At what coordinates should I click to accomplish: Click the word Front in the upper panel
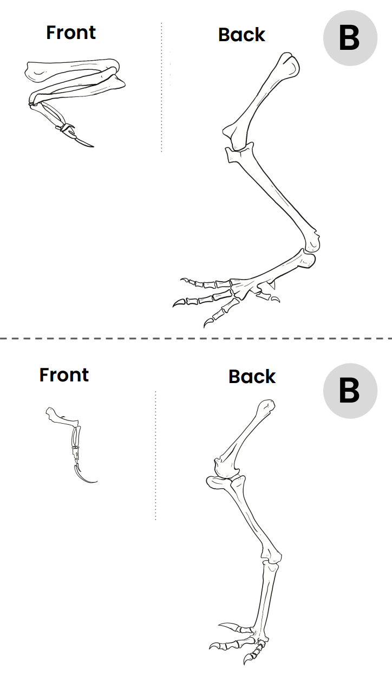70,33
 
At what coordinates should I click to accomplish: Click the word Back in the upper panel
241,35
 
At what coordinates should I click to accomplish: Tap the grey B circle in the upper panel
350,38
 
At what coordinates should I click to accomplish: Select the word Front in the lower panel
64,375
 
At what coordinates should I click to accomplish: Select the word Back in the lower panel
252,377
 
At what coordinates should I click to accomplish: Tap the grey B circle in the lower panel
350,391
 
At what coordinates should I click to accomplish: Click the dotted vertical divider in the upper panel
161,87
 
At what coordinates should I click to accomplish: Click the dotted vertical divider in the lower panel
155,455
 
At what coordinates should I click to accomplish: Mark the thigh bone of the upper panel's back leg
261,95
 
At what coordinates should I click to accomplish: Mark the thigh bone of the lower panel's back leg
244,433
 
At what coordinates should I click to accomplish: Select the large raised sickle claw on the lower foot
230,626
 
